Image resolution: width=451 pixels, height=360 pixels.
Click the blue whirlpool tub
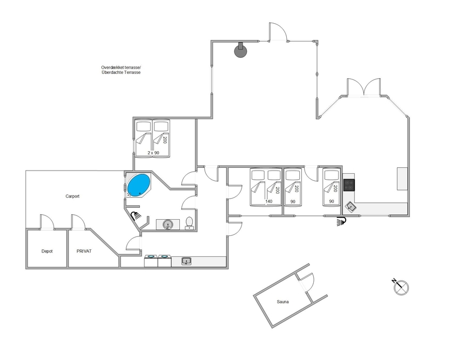click(139, 185)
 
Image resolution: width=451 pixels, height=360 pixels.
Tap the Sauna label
click(282, 302)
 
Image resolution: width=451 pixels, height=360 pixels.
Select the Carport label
click(72, 196)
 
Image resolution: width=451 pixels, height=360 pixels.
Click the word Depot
click(47, 251)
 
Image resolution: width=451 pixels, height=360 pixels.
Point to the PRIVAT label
click(84, 251)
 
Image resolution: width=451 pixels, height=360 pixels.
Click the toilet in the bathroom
click(189, 223)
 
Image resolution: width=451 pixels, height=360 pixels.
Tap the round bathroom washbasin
click(167, 225)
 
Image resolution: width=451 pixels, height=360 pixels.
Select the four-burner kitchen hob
click(349, 185)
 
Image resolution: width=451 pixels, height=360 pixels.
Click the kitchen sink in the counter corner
click(351, 207)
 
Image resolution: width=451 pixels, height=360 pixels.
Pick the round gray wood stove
click(240, 51)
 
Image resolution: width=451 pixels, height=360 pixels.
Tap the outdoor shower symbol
click(341, 221)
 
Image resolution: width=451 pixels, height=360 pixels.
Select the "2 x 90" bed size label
click(153, 153)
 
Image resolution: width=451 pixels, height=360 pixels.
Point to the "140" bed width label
click(268, 201)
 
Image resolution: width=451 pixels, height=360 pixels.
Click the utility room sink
click(186, 261)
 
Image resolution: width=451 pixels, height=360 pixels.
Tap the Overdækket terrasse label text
click(121, 67)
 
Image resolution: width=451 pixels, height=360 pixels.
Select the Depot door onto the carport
click(46, 222)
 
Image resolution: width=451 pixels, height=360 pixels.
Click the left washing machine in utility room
click(151, 261)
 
